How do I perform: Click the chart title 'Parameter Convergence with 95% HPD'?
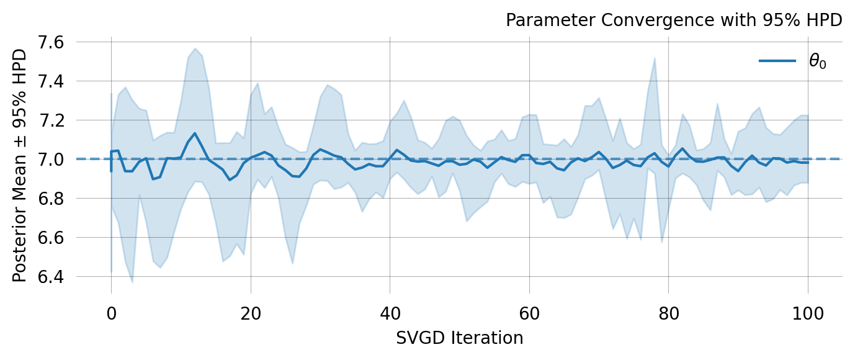pos(673,20)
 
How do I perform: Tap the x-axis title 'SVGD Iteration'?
pos(459,338)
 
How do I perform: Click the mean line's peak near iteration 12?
pos(195,133)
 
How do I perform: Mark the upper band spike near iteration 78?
pos(655,58)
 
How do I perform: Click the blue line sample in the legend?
pos(777,61)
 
